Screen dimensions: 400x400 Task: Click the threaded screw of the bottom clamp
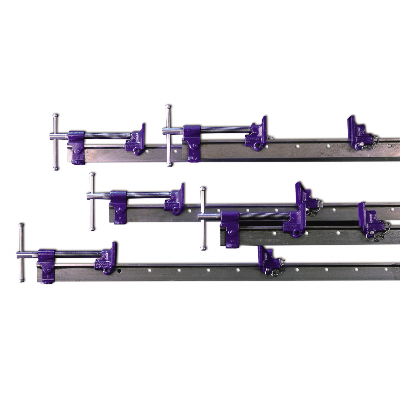(77, 253)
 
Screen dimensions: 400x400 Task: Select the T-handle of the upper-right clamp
(167, 135)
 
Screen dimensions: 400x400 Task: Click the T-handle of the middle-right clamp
(202, 219)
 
